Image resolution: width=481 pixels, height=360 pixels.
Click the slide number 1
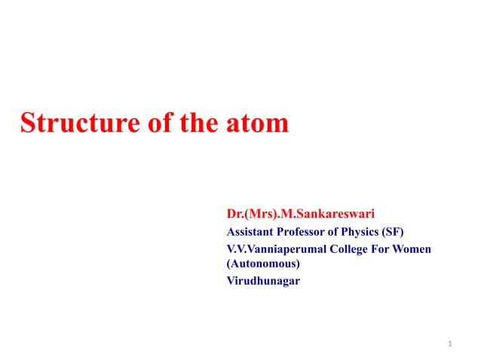pos(449,345)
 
